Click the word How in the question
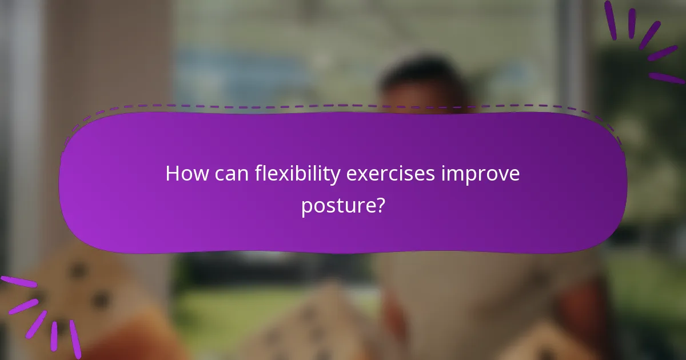(184, 174)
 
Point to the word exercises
(391, 174)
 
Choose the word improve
(480, 175)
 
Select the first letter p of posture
(306, 207)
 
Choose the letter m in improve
(453, 175)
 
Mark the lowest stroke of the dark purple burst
(666, 78)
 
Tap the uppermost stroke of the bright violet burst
(17, 282)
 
